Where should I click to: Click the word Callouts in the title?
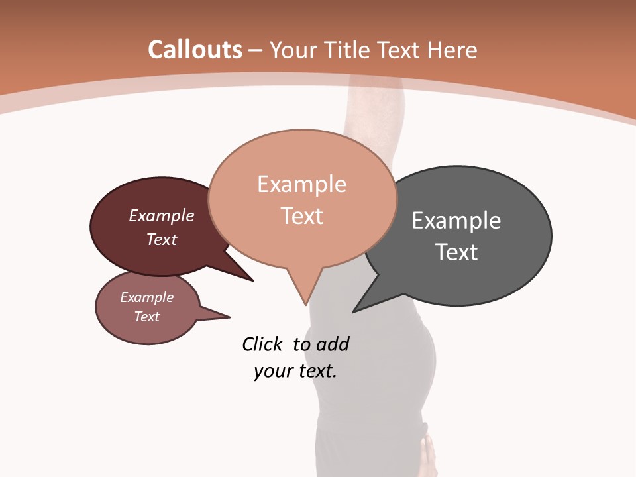pos(195,50)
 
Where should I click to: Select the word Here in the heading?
pos(450,50)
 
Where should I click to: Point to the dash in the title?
pos(256,50)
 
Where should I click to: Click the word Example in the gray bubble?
pos(456,220)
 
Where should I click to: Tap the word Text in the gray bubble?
pos(456,252)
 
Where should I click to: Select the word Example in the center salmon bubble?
pos(301,184)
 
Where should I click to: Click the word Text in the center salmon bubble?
pos(301,215)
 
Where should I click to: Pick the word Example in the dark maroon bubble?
pos(161,215)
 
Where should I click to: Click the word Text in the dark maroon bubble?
pos(161,239)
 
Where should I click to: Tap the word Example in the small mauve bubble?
pos(146,297)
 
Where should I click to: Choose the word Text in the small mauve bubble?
pos(146,317)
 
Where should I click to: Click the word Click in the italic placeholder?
pos(262,344)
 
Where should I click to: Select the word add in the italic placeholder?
pos(333,344)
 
